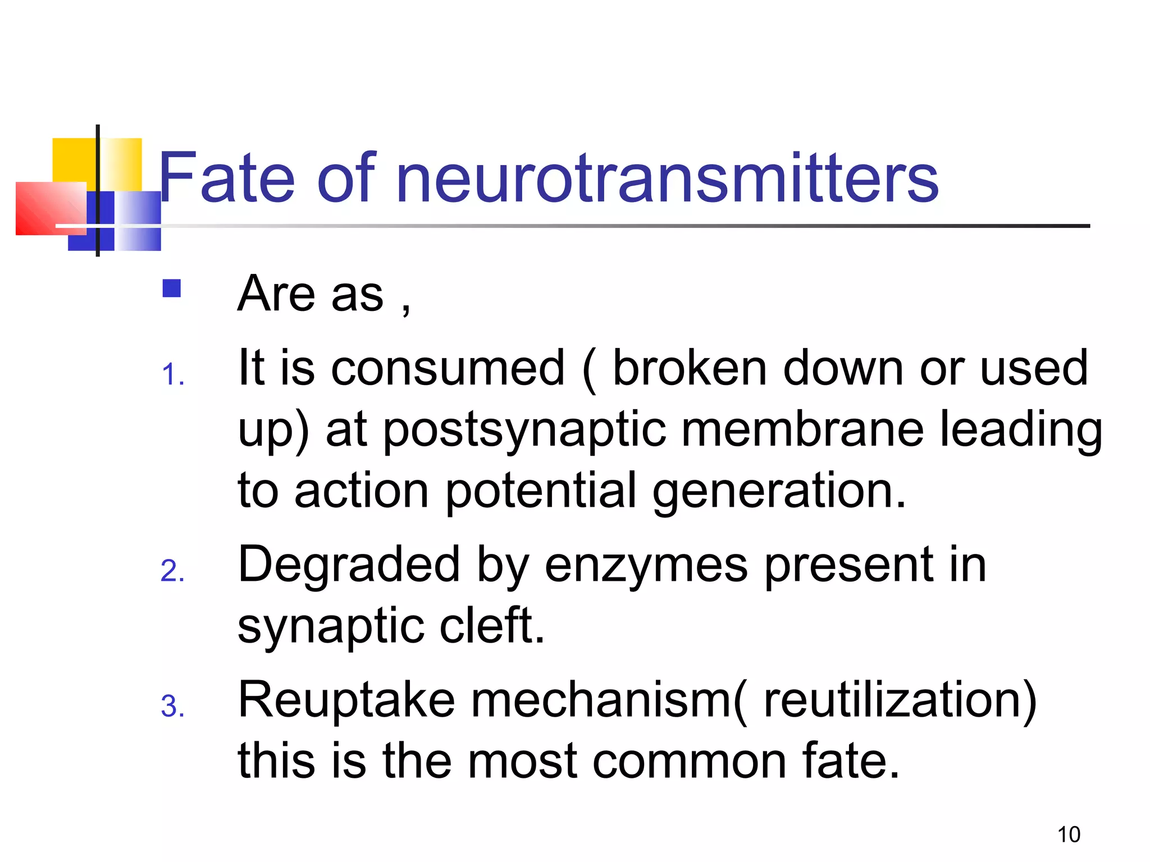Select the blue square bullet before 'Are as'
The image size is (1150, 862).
pyautogui.click(x=171, y=288)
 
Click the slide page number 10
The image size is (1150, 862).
pyautogui.click(x=1069, y=835)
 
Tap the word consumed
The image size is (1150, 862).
pyautogui.click(x=448, y=368)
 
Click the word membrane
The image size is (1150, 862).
pyautogui.click(x=803, y=430)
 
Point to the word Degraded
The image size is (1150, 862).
pyautogui.click(x=349, y=566)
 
